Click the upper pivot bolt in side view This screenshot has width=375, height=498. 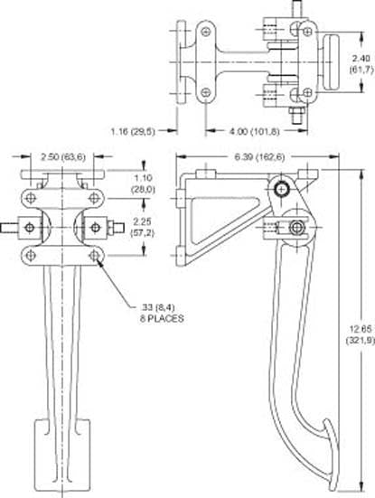283,189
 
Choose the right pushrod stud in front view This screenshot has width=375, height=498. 115,226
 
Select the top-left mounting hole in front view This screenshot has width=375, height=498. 32,198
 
